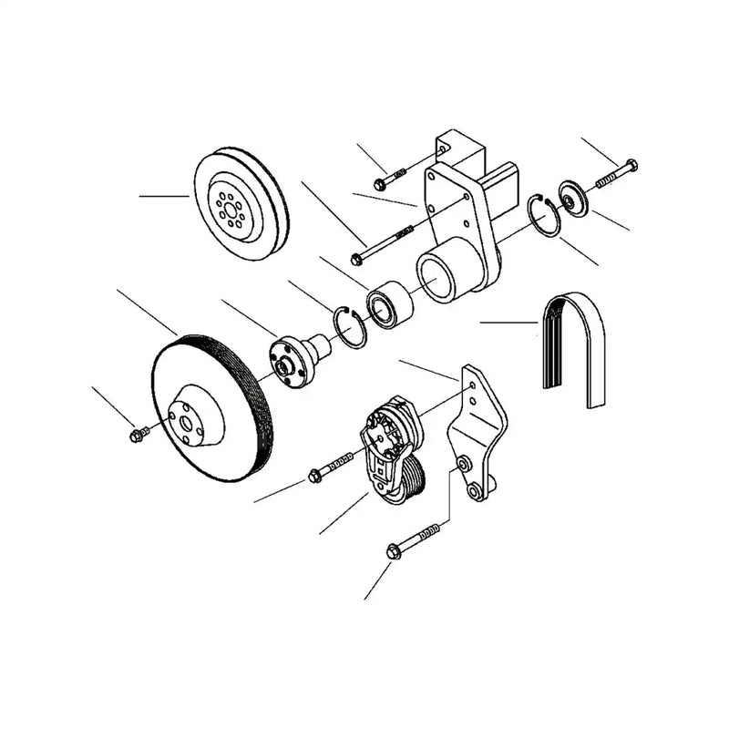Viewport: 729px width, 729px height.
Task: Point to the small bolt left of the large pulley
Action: [139, 435]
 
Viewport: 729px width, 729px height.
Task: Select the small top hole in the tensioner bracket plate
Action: [471, 386]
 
